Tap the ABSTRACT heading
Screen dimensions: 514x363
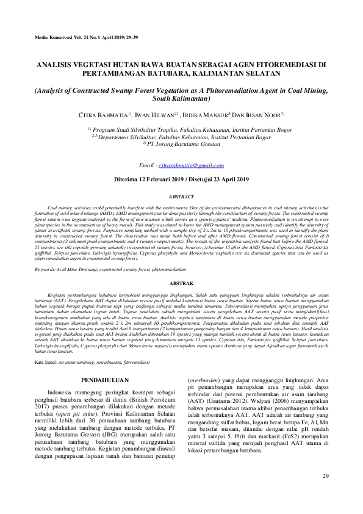181,197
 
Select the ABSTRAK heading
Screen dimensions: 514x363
181,283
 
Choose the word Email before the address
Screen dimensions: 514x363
147,165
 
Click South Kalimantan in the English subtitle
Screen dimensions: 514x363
181,98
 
